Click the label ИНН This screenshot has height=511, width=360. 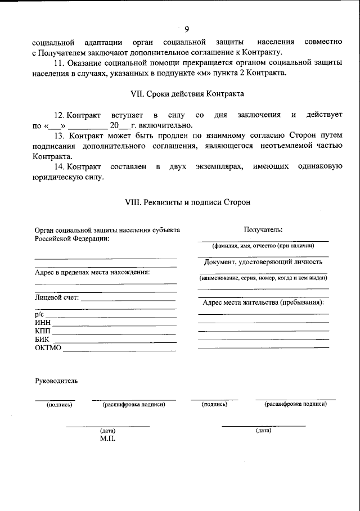(x=43, y=322)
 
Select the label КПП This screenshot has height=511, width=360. (x=43, y=331)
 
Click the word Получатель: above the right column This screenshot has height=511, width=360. (x=263, y=229)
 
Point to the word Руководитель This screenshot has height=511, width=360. (x=56, y=381)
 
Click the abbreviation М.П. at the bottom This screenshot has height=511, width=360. (x=107, y=438)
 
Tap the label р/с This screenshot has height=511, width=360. (x=39, y=314)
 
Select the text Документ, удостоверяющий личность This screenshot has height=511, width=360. (x=263, y=262)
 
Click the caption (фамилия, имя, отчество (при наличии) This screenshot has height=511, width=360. (x=263, y=246)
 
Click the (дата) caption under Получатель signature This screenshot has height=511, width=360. (x=263, y=431)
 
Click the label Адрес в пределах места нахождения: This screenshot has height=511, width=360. (x=92, y=273)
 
